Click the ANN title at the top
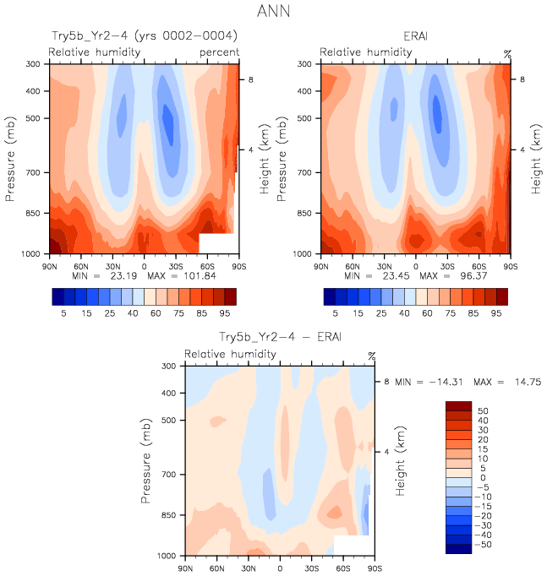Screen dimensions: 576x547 click(x=272, y=13)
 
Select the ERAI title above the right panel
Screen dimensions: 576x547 click(x=416, y=36)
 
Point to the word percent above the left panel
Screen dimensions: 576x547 click(x=220, y=52)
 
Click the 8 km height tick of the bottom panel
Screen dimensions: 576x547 click(x=386, y=382)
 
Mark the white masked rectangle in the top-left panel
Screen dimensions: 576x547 click(x=216, y=243)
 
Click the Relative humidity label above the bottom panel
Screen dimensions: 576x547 click(x=220, y=354)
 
